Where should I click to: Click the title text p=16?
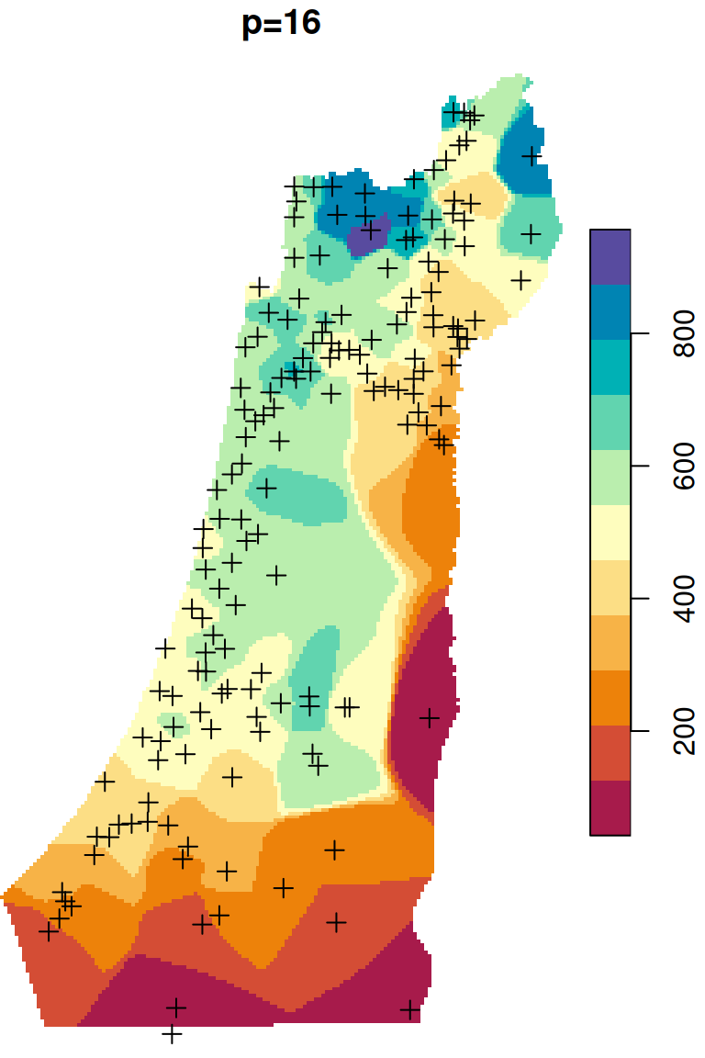[281, 25]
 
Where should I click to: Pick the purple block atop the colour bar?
[610, 256]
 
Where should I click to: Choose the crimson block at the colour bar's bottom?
[610, 807]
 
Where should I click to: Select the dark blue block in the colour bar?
[610, 311]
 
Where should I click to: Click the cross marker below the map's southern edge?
[172, 1034]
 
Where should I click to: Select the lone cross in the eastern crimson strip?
[429, 717]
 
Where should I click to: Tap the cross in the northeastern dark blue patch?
[531, 156]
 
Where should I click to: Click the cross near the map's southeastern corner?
[410, 1010]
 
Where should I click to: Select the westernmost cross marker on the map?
[49, 930]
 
